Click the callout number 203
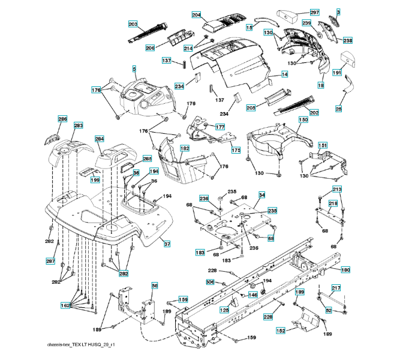coord(133,23)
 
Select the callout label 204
coord(196,14)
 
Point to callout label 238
coord(348,40)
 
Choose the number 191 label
coord(337,73)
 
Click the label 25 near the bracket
coord(339,109)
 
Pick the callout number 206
coord(150,48)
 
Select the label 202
coord(314,112)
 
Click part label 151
coord(323,146)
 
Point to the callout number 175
coord(236,151)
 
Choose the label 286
coord(62,119)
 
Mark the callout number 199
coord(95,180)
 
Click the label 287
coord(51,262)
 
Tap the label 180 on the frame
coord(345,270)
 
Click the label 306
coord(210,282)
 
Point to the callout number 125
coord(224,310)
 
